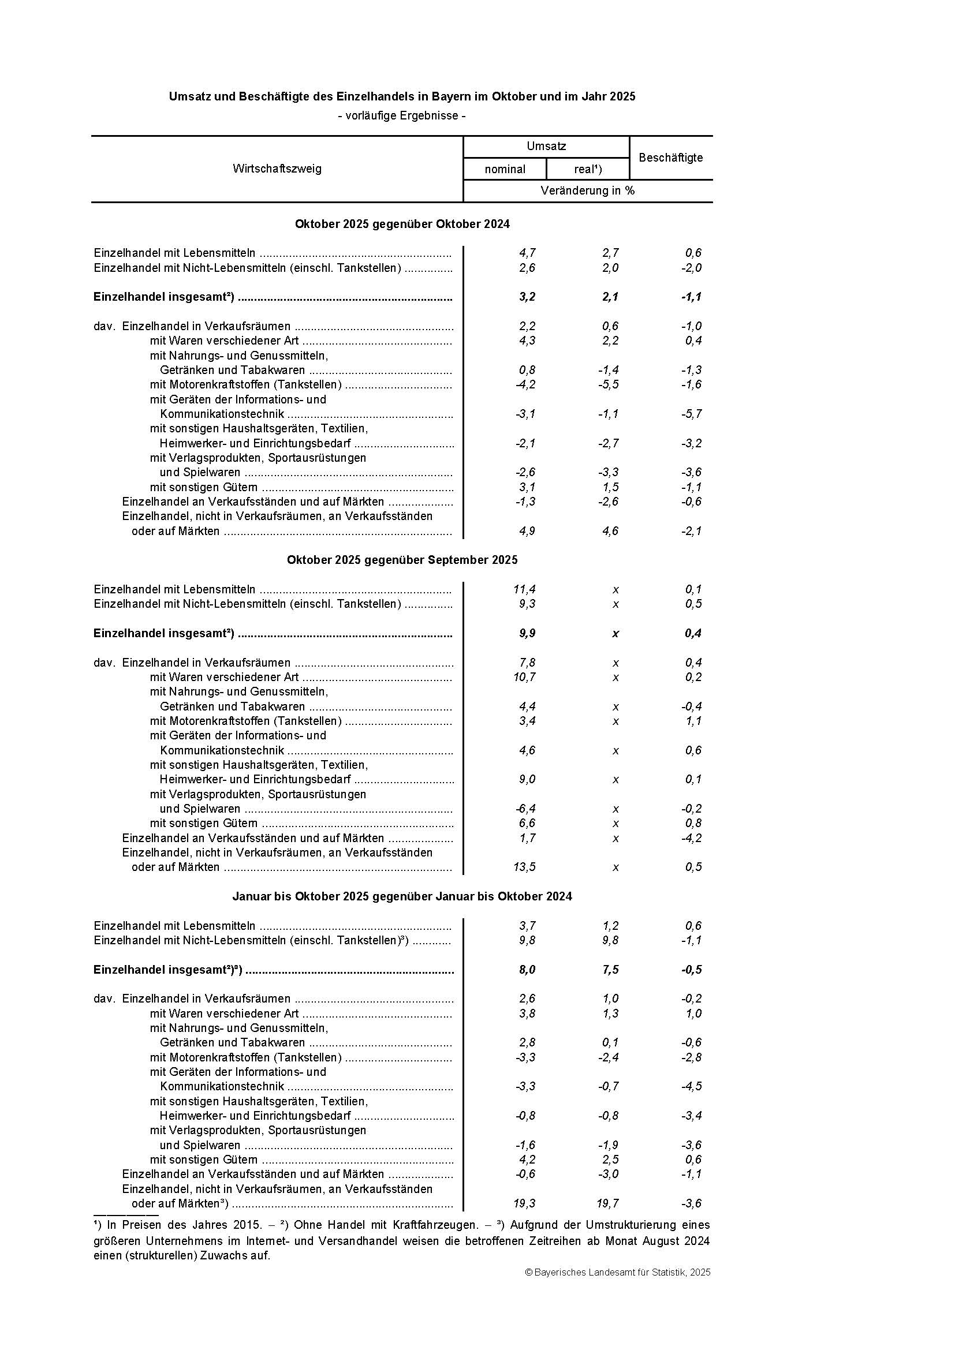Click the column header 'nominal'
[505, 169]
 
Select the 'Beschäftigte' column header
[670, 158]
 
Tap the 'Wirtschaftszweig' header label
[277, 169]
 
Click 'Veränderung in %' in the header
[587, 190]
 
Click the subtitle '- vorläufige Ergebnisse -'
[402, 116]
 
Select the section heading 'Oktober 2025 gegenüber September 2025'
[402, 560]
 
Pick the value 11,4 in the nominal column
[524, 589]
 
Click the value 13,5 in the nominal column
[524, 867]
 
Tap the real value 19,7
[607, 1203]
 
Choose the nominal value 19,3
[524, 1203]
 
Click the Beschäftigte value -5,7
[692, 414]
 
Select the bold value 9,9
[527, 633]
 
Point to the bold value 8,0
[527, 970]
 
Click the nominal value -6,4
[524, 809]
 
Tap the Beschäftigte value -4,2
[692, 838]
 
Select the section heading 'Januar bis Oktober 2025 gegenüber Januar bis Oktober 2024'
[402, 896]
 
